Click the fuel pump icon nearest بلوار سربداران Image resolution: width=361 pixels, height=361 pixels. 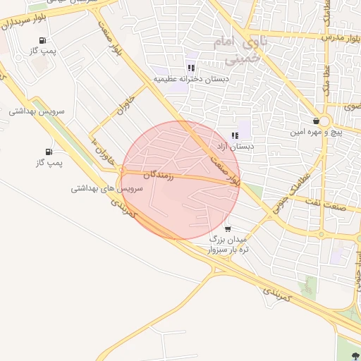[x=43, y=41]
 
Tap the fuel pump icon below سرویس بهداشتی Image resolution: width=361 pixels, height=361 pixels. [x=49, y=152]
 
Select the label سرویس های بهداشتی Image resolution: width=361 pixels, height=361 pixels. [x=107, y=190]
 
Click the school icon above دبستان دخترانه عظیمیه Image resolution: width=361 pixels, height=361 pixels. [x=191, y=68]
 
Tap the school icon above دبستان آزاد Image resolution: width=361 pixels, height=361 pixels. [x=234, y=136]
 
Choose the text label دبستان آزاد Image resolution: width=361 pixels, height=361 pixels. [x=235, y=147]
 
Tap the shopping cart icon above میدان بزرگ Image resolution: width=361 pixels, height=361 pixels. [x=227, y=228]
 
